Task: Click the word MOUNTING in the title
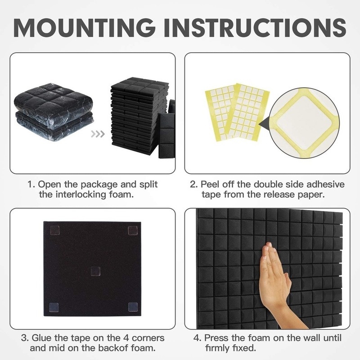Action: [x=84, y=27]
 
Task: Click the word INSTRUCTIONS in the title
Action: [x=255, y=27]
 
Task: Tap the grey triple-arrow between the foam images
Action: [x=98, y=134]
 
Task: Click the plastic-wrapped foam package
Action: [x=54, y=114]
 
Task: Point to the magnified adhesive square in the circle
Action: [x=304, y=123]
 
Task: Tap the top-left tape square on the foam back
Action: [x=54, y=231]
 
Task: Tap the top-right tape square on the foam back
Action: [x=133, y=230]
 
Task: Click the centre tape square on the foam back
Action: [x=95, y=272]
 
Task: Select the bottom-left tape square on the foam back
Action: [x=54, y=307]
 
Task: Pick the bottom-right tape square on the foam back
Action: [x=133, y=307]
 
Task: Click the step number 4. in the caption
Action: [x=197, y=338]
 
